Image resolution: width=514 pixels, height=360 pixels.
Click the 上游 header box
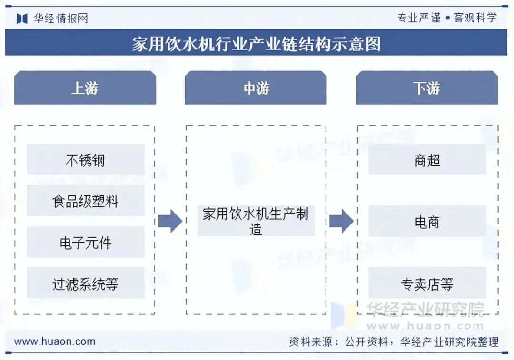[85, 88]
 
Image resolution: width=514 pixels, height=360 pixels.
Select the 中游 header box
[256, 88]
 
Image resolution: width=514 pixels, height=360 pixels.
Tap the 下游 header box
[427, 88]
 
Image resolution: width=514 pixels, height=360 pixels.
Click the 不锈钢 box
[85, 160]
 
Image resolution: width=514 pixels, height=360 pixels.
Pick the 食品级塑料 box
[85, 201]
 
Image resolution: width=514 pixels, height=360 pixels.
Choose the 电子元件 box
[85, 243]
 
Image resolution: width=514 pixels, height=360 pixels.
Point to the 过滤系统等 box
[85, 284]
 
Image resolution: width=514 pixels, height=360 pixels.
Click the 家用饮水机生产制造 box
[256, 221]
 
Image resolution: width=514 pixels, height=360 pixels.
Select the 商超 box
[427, 160]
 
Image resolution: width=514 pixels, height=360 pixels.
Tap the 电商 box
[427, 222]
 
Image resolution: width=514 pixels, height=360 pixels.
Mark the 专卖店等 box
[427, 284]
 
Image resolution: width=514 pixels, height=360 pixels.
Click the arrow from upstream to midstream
[170, 221]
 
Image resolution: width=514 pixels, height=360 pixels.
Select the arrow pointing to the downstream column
[341, 221]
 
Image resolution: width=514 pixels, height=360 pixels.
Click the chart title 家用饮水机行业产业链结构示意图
[257, 44]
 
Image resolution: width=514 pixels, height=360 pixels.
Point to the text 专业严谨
[419, 18]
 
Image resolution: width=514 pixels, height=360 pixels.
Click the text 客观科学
[475, 18]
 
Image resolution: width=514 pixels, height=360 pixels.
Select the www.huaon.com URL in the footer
[55, 341]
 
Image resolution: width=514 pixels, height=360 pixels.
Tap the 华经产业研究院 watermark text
[425, 310]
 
